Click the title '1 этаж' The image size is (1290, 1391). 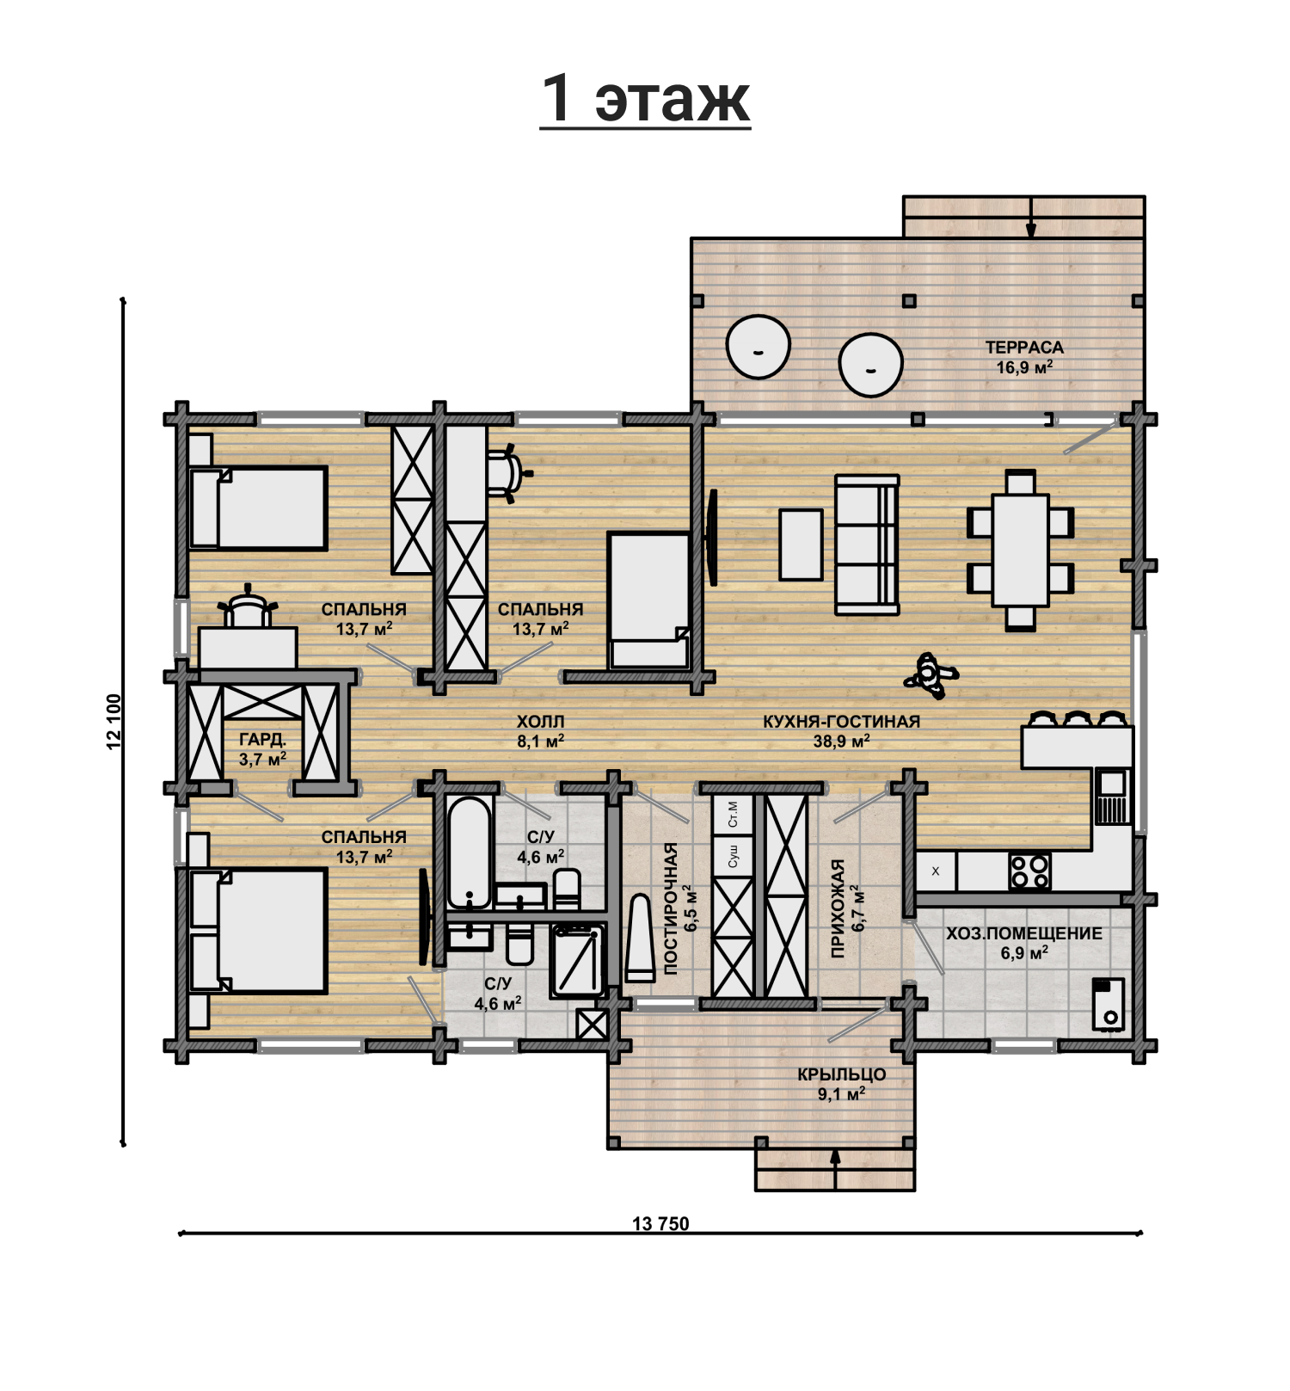point(646,98)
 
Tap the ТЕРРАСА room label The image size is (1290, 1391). point(1024,348)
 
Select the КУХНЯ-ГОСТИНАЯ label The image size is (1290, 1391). point(841,722)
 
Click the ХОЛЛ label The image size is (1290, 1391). point(540,722)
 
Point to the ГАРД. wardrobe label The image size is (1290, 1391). point(262,740)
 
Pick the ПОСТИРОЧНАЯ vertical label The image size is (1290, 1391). point(672,908)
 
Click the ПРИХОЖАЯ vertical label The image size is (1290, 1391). point(838,908)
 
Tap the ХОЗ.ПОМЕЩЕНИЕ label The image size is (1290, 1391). point(1024,933)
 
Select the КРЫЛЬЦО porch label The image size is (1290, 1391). point(841,1074)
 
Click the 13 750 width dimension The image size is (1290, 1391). point(660,1223)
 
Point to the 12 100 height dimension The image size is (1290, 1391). point(114,722)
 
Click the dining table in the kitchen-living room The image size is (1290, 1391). point(1020,550)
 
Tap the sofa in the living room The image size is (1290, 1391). point(867,545)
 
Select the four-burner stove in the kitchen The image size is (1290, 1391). point(1029,871)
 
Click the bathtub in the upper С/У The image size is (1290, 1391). point(470,852)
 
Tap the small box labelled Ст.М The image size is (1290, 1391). point(733,814)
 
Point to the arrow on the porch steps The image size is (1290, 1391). point(834,1168)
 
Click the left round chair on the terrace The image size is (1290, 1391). point(758,347)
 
